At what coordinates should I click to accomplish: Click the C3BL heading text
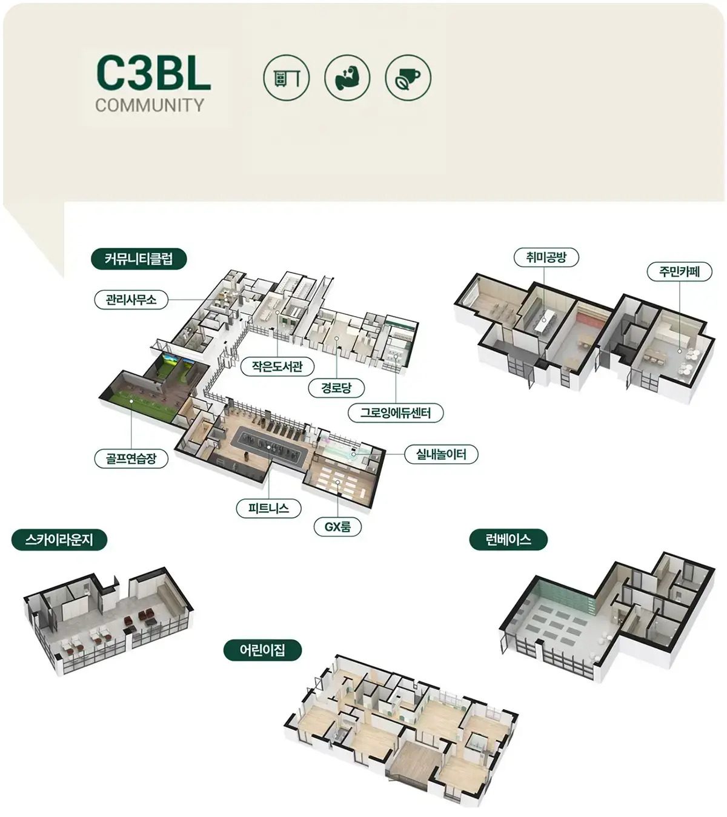pyautogui.click(x=153, y=73)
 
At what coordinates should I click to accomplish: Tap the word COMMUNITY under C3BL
pyautogui.click(x=150, y=105)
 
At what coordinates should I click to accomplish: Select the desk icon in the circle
pyautogui.click(x=287, y=78)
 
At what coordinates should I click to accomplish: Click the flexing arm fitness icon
pyautogui.click(x=347, y=78)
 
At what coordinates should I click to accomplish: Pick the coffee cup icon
pyautogui.click(x=408, y=78)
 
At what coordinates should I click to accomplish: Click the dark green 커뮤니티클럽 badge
pyautogui.click(x=139, y=259)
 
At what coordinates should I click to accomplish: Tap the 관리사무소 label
pyautogui.click(x=131, y=300)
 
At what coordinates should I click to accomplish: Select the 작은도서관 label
pyautogui.click(x=277, y=366)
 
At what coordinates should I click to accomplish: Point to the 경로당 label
pyautogui.click(x=336, y=388)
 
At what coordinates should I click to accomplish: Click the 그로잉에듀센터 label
pyautogui.click(x=396, y=413)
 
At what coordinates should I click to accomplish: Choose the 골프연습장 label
pyautogui.click(x=131, y=458)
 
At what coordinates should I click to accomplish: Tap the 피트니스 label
pyautogui.click(x=269, y=508)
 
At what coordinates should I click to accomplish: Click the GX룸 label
pyautogui.click(x=337, y=527)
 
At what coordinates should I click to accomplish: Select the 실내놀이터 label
pyautogui.click(x=442, y=454)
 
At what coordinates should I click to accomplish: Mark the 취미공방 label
pyautogui.click(x=546, y=257)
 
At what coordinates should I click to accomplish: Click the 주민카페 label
pyautogui.click(x=679, y=272)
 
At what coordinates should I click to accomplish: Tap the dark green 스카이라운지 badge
pyautogui.click(x=59, y=540)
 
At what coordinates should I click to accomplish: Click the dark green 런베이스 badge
pyautogui.click(x=508, y=540)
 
